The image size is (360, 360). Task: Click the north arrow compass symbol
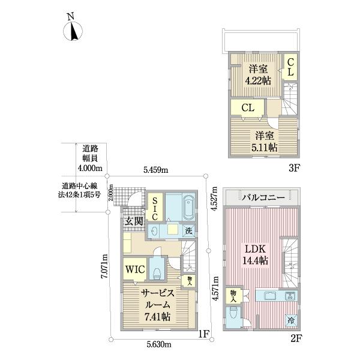point(73,31)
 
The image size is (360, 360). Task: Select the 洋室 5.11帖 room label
point(264,141)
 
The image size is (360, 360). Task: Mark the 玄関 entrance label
point(133,221)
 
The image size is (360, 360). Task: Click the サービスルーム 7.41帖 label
point(158,304)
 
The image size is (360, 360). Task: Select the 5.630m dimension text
point(158,344)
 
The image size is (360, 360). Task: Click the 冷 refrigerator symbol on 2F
point(291,320)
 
